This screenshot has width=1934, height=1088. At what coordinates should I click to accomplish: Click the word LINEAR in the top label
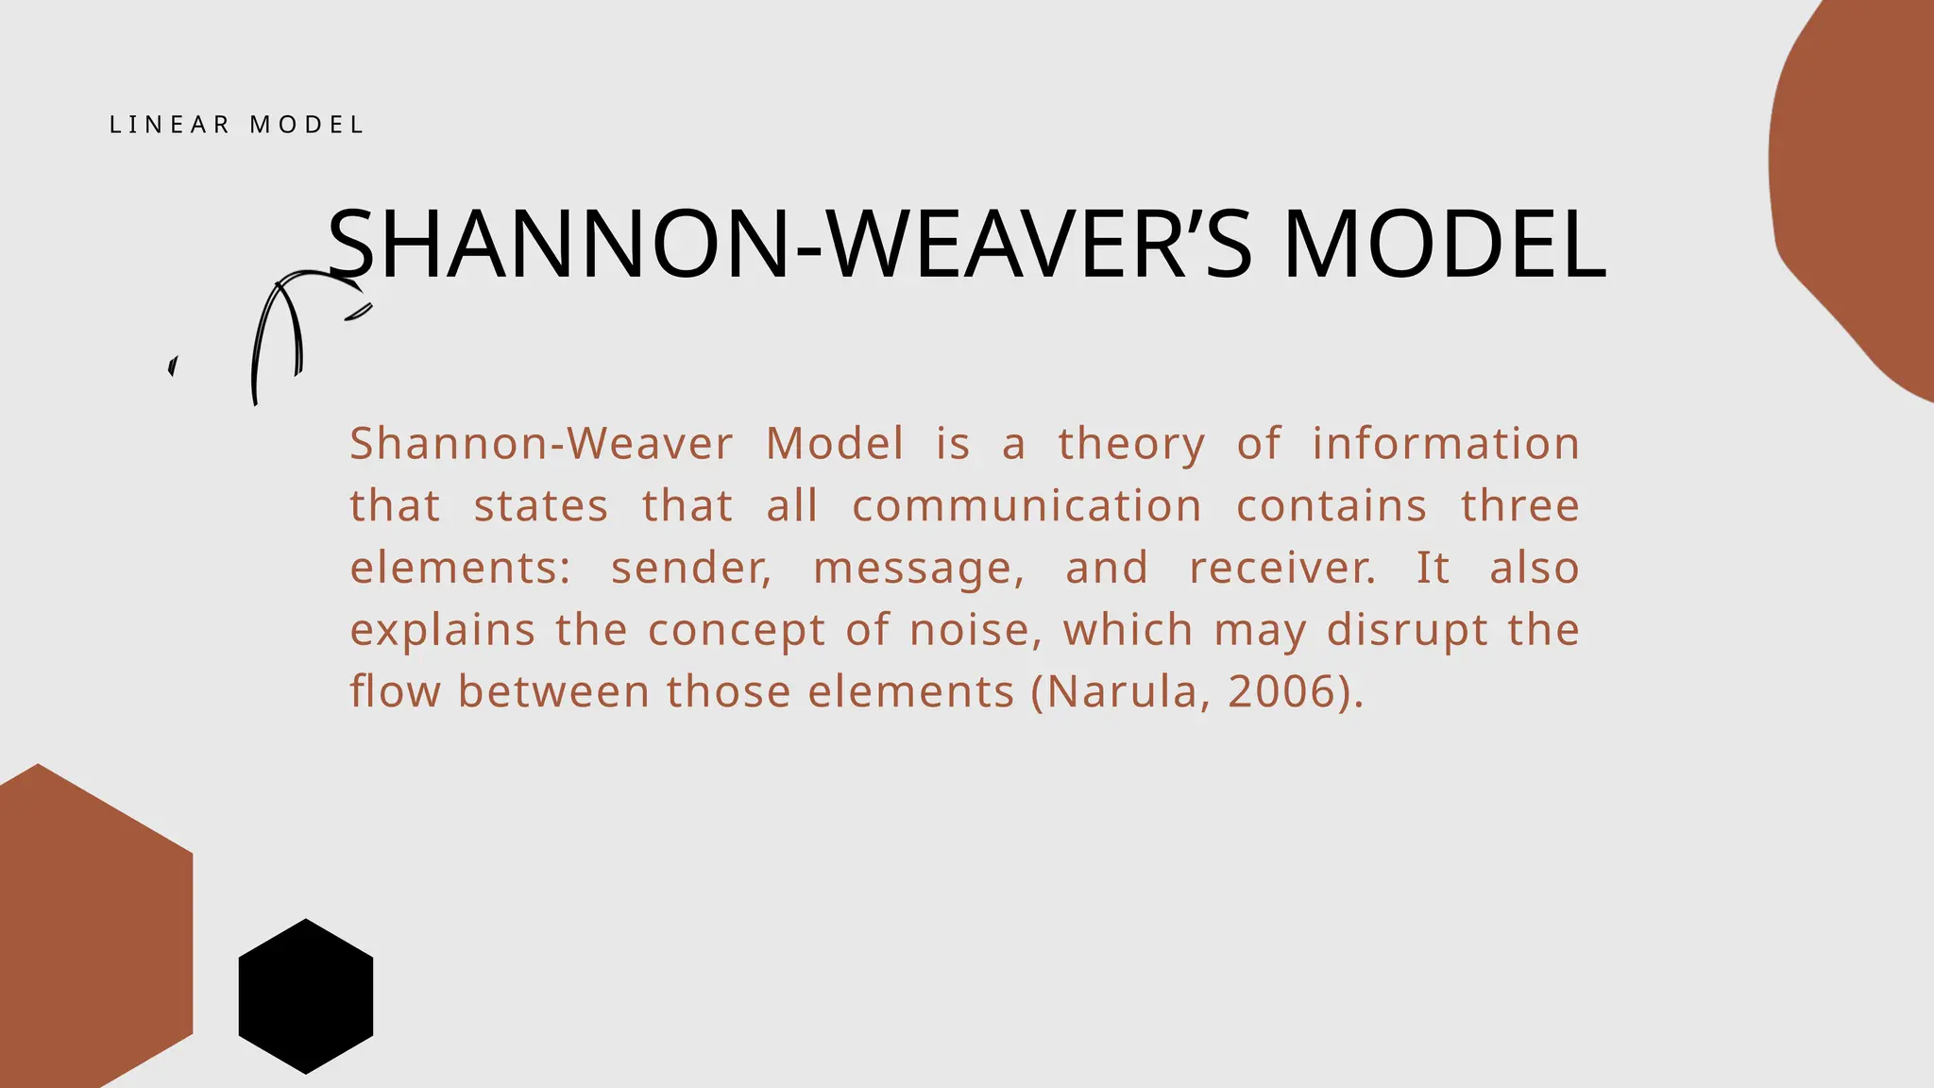[x=170, y=125]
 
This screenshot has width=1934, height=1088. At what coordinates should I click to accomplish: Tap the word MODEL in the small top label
[x=307, y=125]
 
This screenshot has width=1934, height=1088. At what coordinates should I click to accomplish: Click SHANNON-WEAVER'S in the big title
[x=789, y=245]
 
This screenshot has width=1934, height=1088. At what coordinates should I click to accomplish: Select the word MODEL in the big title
[x=1445, y=245]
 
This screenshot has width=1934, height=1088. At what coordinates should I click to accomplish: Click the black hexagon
[x=306, y=996]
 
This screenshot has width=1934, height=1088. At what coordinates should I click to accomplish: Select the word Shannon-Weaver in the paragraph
[x=541, y=444]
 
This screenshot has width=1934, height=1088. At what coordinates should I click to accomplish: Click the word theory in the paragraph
[x=1131, y=444]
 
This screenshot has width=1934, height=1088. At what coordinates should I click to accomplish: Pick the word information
[x=1445, y=444]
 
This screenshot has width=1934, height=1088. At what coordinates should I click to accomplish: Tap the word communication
[x=1026, y=506]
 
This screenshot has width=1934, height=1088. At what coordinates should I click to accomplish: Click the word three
[x=1519, y=506]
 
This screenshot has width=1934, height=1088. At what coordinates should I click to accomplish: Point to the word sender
[x=690, y=569]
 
